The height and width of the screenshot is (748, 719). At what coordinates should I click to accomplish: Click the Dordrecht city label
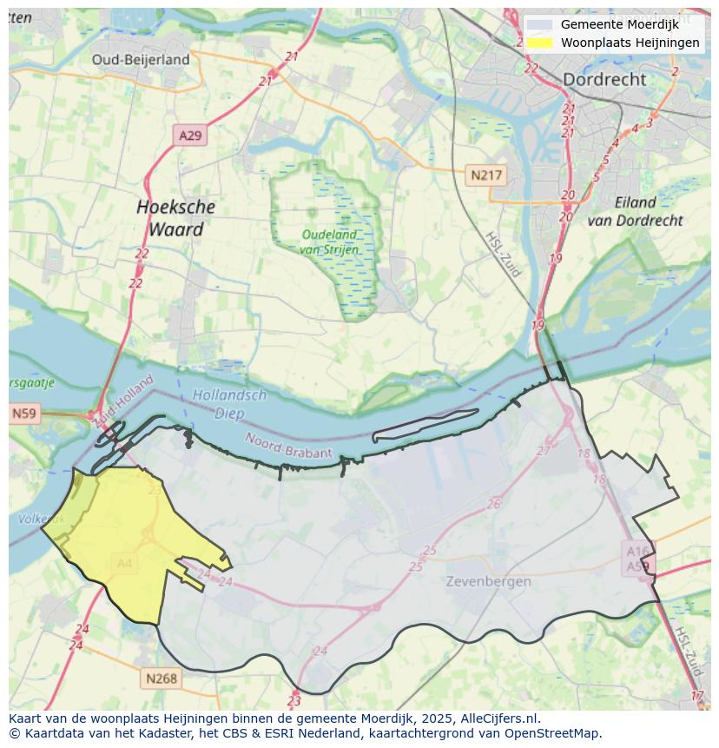coord(604,79)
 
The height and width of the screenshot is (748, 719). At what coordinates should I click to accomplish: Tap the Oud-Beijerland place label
coord(141,59)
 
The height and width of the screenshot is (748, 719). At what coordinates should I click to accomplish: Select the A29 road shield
coord(189,136)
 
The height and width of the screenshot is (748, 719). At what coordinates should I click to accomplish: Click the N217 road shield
coord(486,175)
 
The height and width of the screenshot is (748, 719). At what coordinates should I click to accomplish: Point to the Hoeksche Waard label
coord(175,218)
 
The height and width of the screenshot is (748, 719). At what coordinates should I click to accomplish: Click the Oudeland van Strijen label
coord(328,242)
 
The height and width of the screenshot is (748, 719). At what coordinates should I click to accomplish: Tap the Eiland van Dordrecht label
coord(635,211)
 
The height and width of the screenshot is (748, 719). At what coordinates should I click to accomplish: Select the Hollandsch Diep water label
coord(229,402)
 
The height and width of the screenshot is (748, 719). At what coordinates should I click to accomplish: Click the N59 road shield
coord(24,414)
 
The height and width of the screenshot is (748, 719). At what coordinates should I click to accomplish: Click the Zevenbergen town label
coord(488,581)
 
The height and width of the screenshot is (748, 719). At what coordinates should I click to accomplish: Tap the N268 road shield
coord(162,678)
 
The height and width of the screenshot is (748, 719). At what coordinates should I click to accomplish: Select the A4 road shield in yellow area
coord(124,563)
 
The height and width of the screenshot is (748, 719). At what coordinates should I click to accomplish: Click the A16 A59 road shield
coord(637,559)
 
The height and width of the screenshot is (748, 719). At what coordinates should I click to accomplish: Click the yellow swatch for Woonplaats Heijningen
coord(539,42)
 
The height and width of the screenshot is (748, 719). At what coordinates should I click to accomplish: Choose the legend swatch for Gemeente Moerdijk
coord(539,24)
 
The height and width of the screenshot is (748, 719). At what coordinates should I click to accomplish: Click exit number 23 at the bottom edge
coord(294,701)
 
